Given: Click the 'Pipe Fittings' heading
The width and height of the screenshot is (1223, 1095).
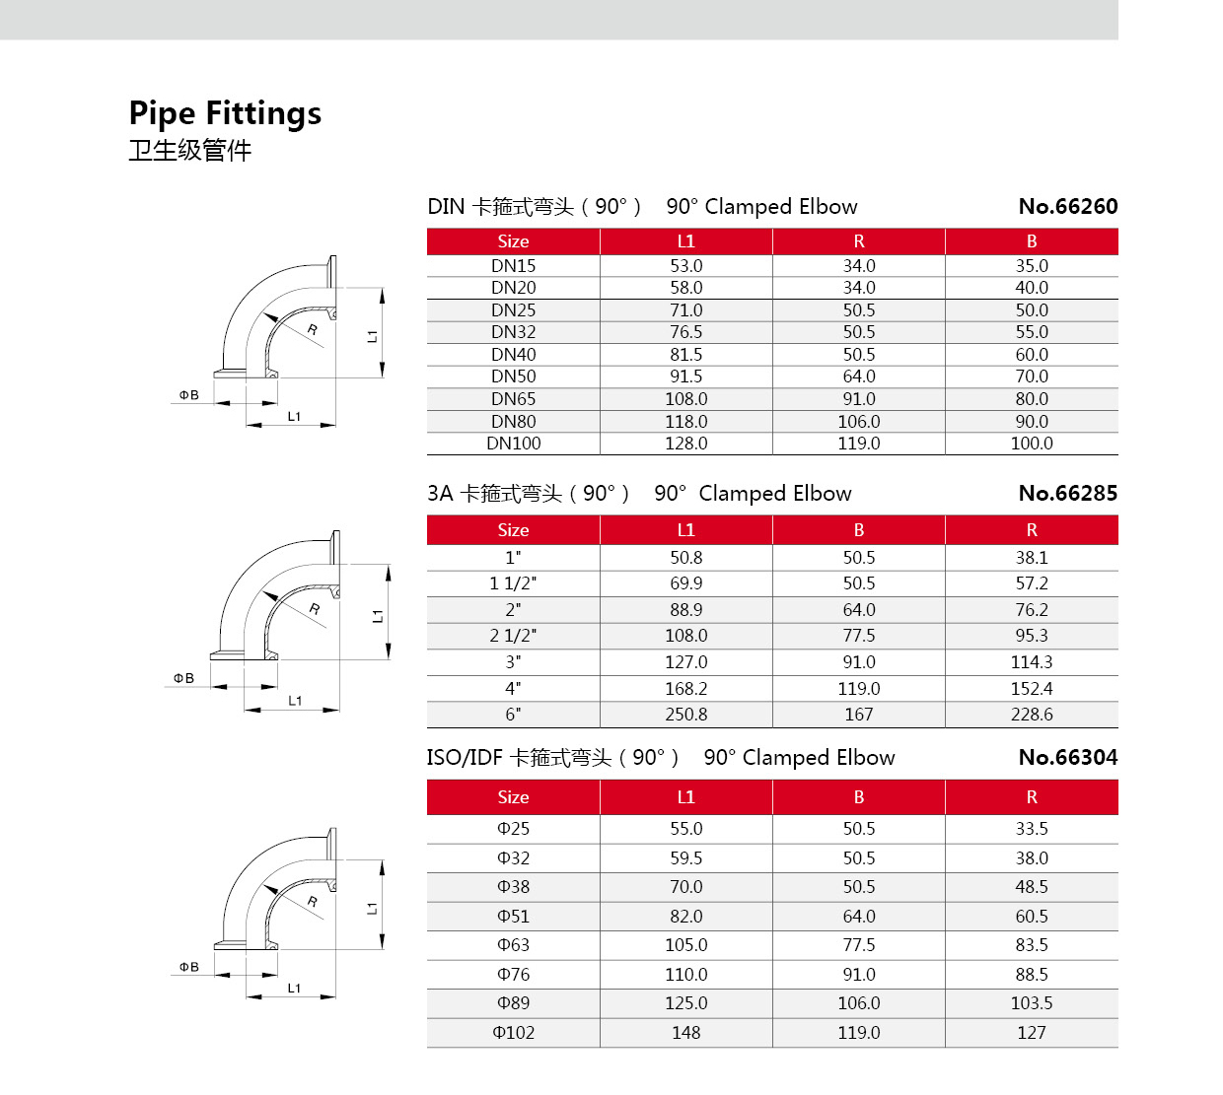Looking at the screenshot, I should coord(225,113).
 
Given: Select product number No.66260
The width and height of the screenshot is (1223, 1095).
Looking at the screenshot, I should coord(1068,207).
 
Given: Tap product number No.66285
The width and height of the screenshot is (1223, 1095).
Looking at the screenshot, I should coord(1068,494).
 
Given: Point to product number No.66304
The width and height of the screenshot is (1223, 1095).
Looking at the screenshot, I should coord(1068,758).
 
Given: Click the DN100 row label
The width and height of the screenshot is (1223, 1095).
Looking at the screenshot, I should coord(513,444).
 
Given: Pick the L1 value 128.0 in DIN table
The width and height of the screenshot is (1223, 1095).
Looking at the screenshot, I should coord(685,444).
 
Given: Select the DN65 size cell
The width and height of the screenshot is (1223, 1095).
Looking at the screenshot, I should coord(513,399).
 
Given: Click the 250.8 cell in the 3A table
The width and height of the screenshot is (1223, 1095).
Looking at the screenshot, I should coord(685,715).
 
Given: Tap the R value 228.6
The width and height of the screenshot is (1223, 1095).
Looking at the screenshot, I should coord(1032,715).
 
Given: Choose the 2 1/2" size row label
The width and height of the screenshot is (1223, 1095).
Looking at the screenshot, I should coord(513,636).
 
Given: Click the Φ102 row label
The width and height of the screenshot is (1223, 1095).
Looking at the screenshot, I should coord(513,1033).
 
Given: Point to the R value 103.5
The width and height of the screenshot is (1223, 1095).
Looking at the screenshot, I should coord(1032,1003).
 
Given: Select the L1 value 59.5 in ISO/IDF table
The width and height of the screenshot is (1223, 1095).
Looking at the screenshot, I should coord(685,858).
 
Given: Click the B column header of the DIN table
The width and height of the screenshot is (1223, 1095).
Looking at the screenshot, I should coord(1032,241).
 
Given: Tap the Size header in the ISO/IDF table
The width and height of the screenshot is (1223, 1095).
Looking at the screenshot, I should coord(513,797).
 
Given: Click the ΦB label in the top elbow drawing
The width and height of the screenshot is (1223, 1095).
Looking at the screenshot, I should coord(188,395).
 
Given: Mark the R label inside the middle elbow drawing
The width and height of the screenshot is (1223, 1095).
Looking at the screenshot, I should coord(314,609).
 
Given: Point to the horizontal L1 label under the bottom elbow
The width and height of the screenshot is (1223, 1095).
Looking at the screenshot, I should coord(294,988).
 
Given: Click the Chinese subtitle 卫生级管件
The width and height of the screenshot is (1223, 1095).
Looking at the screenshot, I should coord(190,151).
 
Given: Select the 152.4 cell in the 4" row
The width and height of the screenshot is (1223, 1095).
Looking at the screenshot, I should coord(1032,689).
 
